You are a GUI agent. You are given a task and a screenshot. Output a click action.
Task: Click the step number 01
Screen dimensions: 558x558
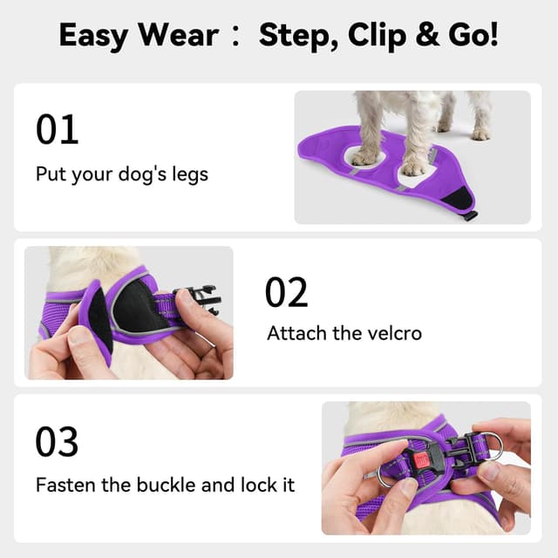pyautogui.click(x=58, y=129)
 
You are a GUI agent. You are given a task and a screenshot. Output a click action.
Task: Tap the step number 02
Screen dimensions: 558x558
pyautogui.click(x=287, y=293)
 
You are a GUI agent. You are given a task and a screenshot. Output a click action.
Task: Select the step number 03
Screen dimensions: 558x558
pyautogui.click(x=58, y=442)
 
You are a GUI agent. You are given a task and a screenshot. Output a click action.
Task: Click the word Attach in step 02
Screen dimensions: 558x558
pyautogui.click(x=295, y=333)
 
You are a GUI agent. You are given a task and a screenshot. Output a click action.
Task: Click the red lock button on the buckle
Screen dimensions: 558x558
pyautogui.click(x=422, y=459)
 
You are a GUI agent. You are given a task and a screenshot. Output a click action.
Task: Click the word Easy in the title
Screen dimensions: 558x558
pyautogui.click(x=96, y=37)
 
